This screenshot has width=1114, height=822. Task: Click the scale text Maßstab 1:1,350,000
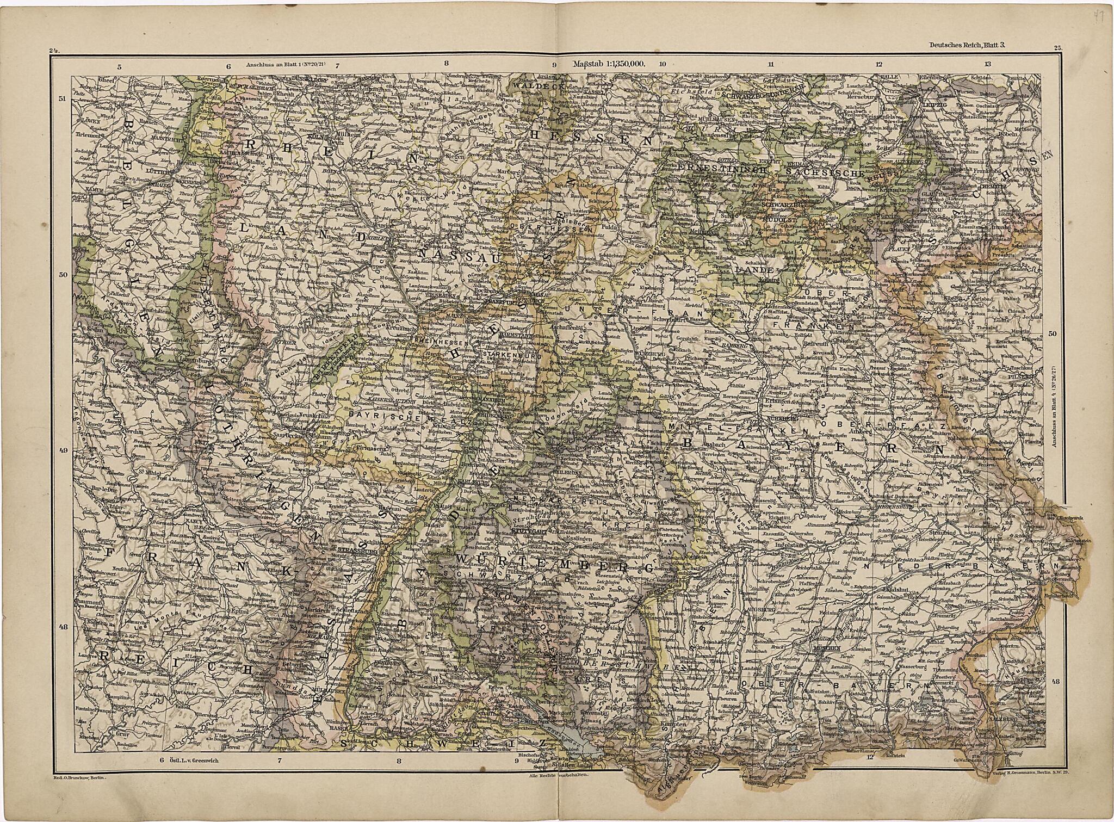[x=608, y=64]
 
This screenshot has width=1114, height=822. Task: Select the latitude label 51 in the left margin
[x=62, y=99]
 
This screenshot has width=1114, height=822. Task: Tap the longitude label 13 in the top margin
[x=987, y=64]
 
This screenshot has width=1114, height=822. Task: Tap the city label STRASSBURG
[x=354, y=551]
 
